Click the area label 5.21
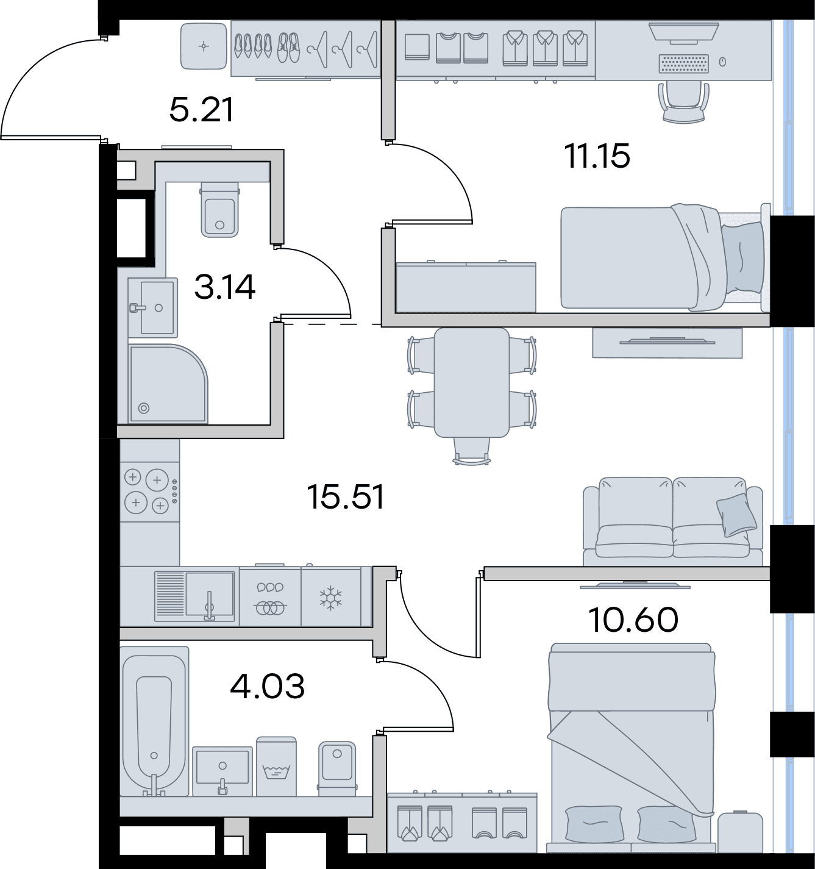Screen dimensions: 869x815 click(201, 111)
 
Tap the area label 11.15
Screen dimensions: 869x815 click(597, 157)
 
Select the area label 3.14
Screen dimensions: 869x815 click(224, 287)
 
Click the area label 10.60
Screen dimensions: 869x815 click(633, 620)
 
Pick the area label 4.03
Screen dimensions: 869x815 click(268, 686)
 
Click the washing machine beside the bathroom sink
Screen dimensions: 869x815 click(276, 767)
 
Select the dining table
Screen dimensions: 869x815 click(471, 382)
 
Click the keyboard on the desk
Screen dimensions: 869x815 click(684, 63)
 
